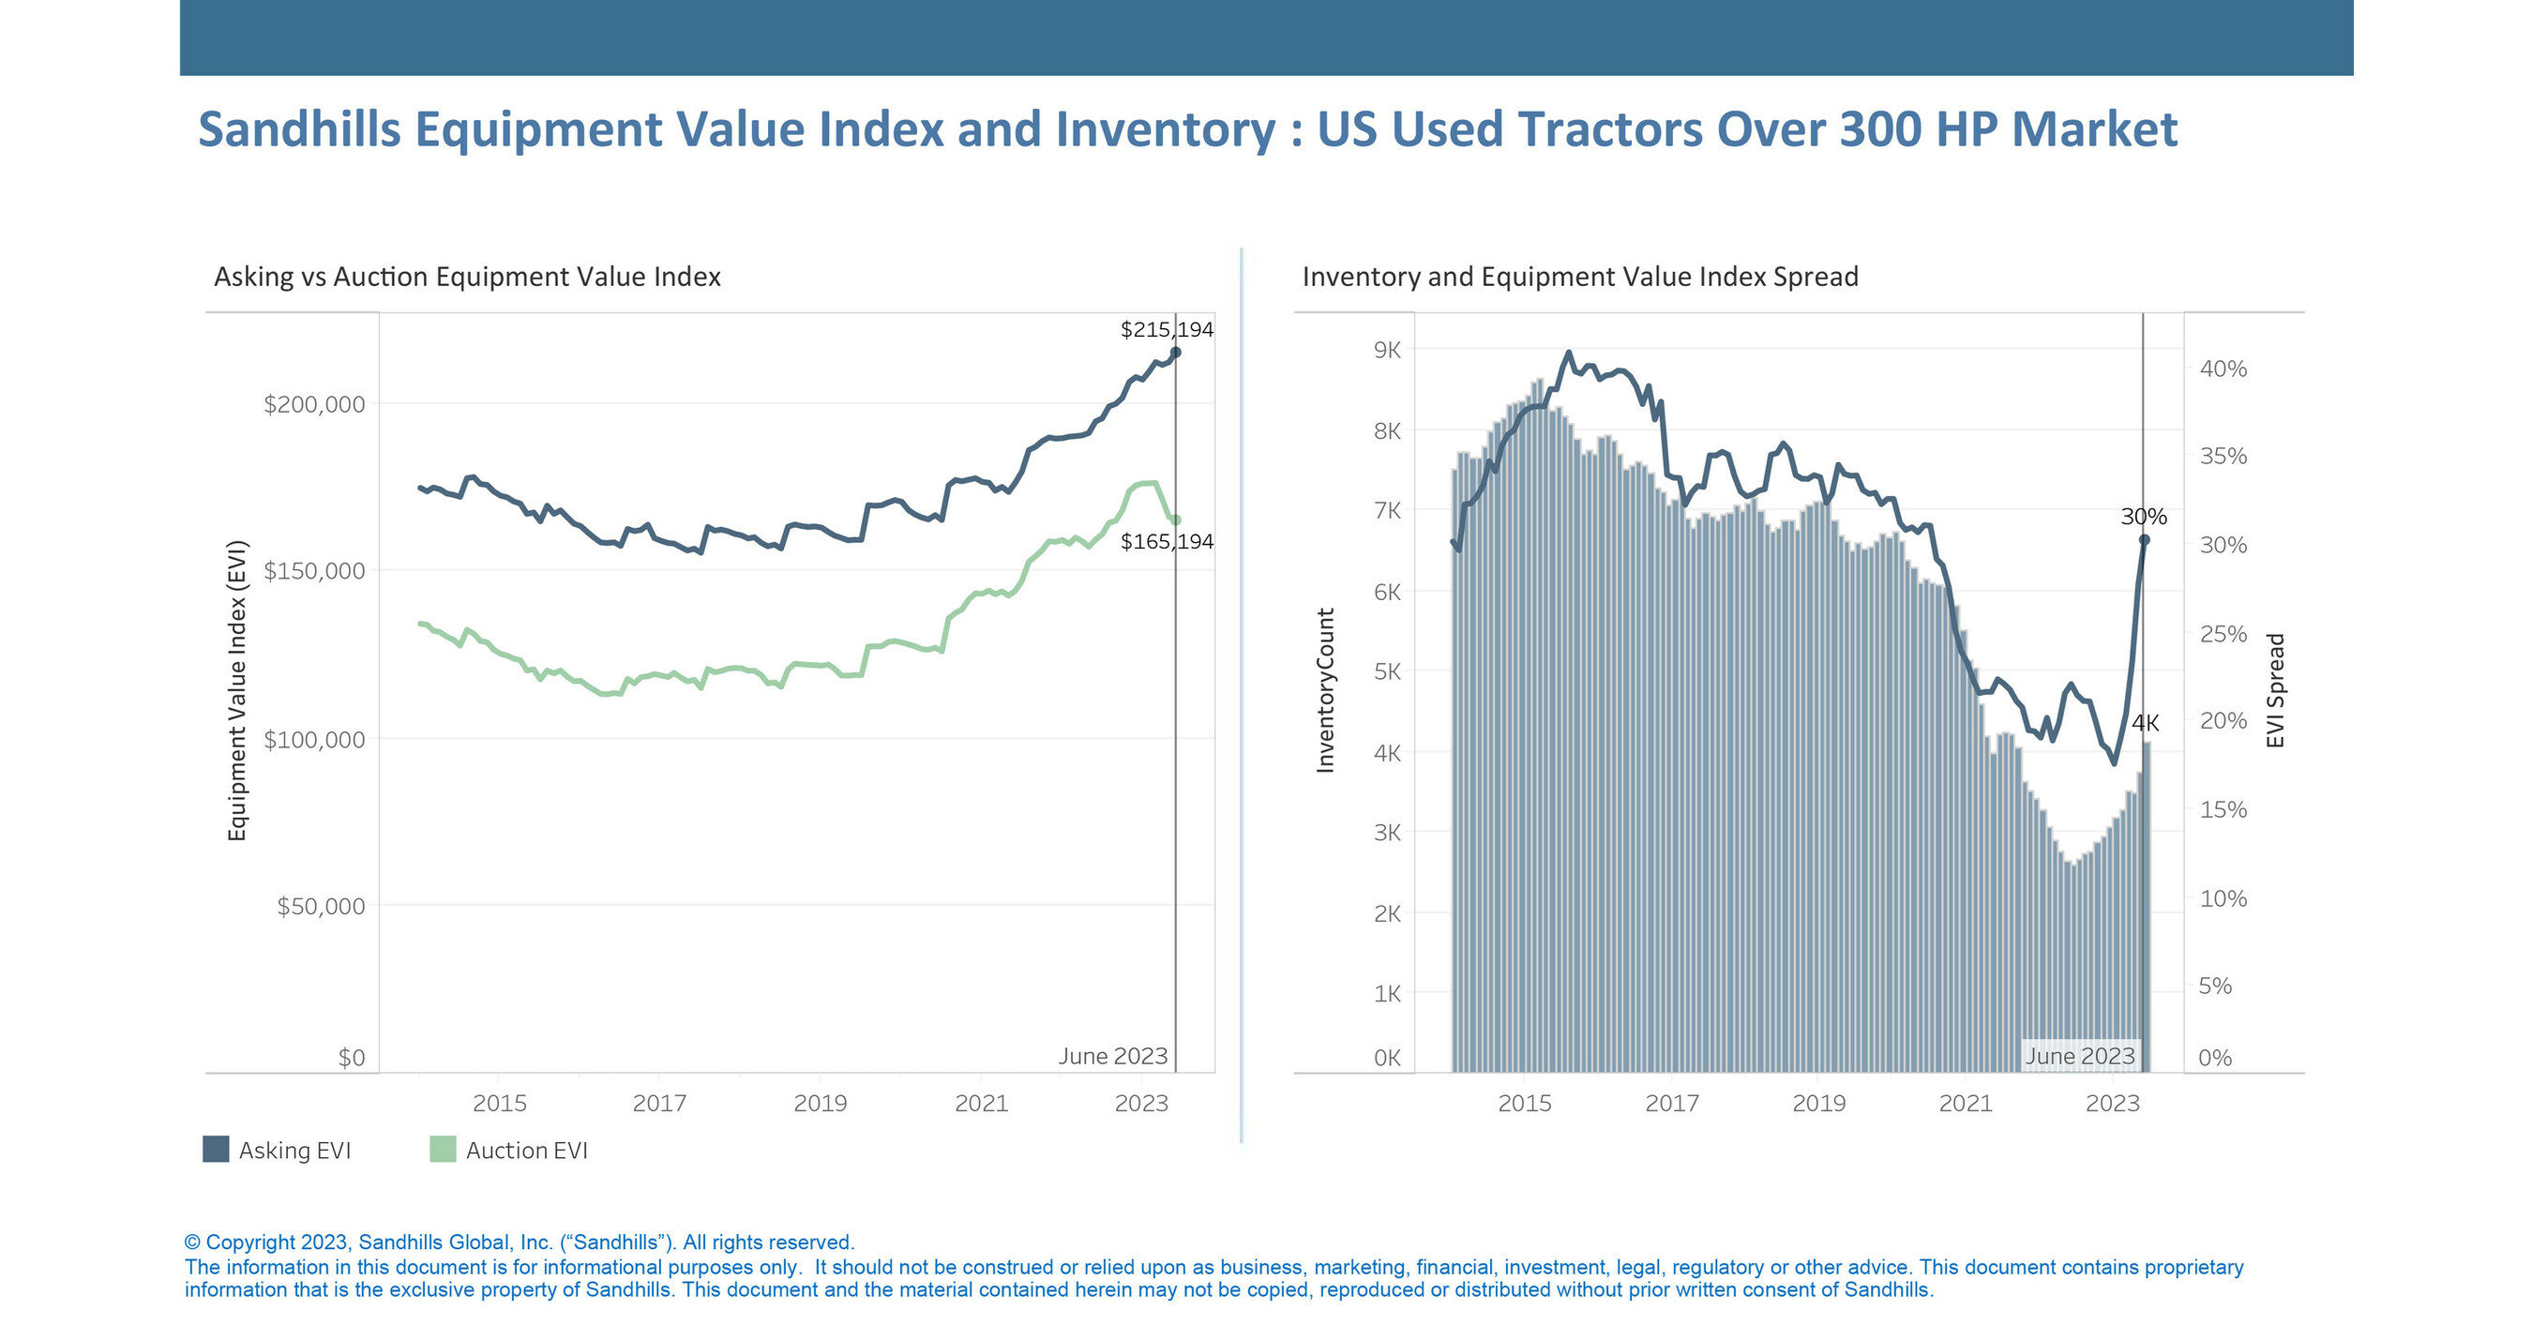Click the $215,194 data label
tap(1166, 329)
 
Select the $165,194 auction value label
tap(1166, 542)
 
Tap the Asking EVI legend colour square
tap(216, 1149)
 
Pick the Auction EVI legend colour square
tap(443, 1149)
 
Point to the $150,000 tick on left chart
tap(313, 571)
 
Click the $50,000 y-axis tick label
tap(321, 906)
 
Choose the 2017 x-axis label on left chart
tap(659, 1103)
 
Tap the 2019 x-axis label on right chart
tap(1818, 1103)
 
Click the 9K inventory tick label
tap(1387, 350)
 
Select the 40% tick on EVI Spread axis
tap(2223, 369)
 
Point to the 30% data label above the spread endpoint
tap(2143, 517)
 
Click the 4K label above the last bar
tap(2145, 723)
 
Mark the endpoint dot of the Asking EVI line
tap(1176, 352)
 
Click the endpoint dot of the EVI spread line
tap(2145, 539)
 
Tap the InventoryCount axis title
tap(1325, 690)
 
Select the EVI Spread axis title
tap(2274, 690)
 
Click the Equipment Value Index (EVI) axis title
tap(237, 690)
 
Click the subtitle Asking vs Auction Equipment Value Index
tap(467, 278)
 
